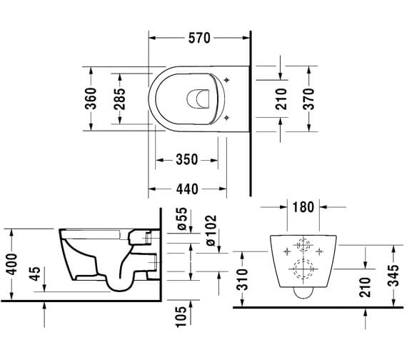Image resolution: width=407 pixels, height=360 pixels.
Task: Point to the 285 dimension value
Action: [119, 99]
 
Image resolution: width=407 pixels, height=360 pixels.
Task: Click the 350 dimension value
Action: [186, 160]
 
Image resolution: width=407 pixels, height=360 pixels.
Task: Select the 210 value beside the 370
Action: [282, 99]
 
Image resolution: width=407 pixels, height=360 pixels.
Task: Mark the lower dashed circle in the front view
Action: [302, 269]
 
